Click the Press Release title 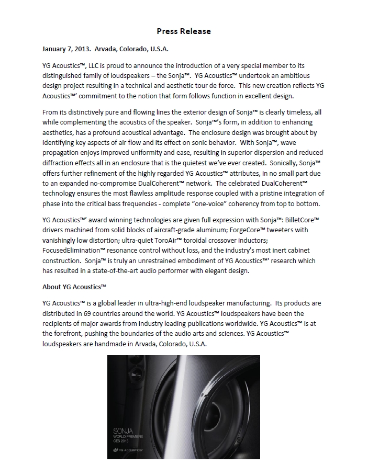click(x=184, y=31)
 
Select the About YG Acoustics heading click(x=74, y=287)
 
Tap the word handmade click(x=110, y=344)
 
